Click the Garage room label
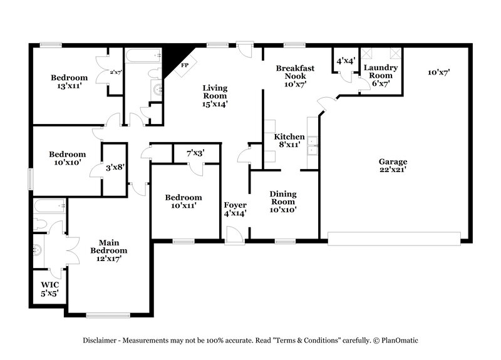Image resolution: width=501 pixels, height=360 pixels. (393, 165)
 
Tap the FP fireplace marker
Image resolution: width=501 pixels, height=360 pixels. (185, 65)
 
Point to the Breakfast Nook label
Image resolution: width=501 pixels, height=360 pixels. (294, 76)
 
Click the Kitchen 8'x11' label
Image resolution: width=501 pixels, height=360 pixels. (289, 140)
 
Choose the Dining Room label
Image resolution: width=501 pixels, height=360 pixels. (283, 202)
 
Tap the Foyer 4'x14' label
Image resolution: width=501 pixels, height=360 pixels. (235, 209)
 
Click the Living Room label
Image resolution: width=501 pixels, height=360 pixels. (215, 96)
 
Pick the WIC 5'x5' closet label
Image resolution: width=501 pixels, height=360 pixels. (49, 289)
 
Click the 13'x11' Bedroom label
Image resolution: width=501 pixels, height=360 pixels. (69, 82)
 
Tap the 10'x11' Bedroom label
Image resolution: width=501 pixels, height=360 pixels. (183, 202)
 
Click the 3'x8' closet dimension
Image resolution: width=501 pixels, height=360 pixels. (115, 167)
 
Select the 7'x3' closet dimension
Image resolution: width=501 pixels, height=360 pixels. (195, 153)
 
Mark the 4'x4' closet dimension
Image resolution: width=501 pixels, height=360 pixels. (346, 61)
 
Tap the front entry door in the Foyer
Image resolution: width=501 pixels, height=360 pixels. (234, 237)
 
